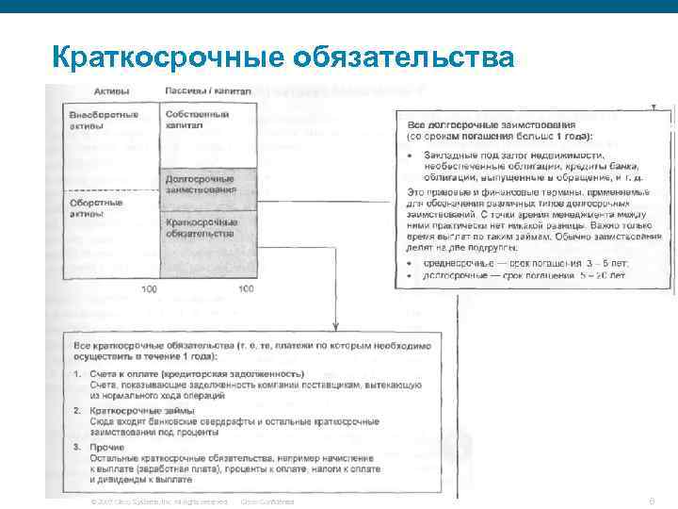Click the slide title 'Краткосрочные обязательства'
283,57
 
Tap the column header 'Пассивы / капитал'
208,90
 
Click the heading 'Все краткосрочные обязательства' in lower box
252,352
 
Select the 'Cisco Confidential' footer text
267,501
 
